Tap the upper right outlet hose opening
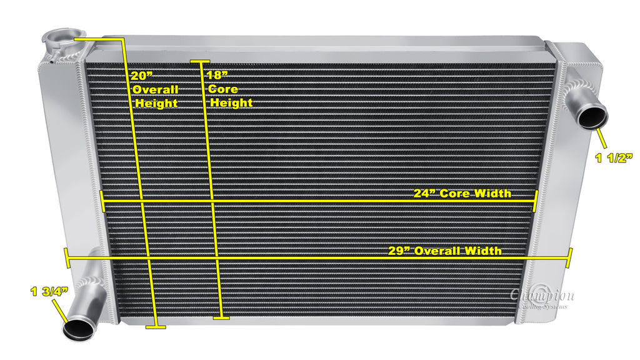(591, 116)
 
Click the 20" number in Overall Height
(142, 76)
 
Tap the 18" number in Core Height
(216, 76)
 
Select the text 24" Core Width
(462, 193)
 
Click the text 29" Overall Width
(444, 251)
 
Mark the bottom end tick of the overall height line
(155, 326)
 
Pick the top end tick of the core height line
(200, 61)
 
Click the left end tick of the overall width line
(67, 257)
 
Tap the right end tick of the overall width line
(569, 257)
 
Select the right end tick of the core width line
(536, 201)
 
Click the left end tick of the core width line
(102, 201)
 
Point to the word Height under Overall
(156, 103)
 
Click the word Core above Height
(223, 89)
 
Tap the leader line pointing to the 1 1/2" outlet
(602, 138)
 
